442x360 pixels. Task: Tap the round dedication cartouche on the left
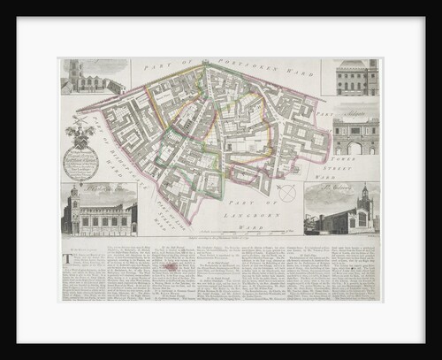80,163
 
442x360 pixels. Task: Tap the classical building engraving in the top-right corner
349,78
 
